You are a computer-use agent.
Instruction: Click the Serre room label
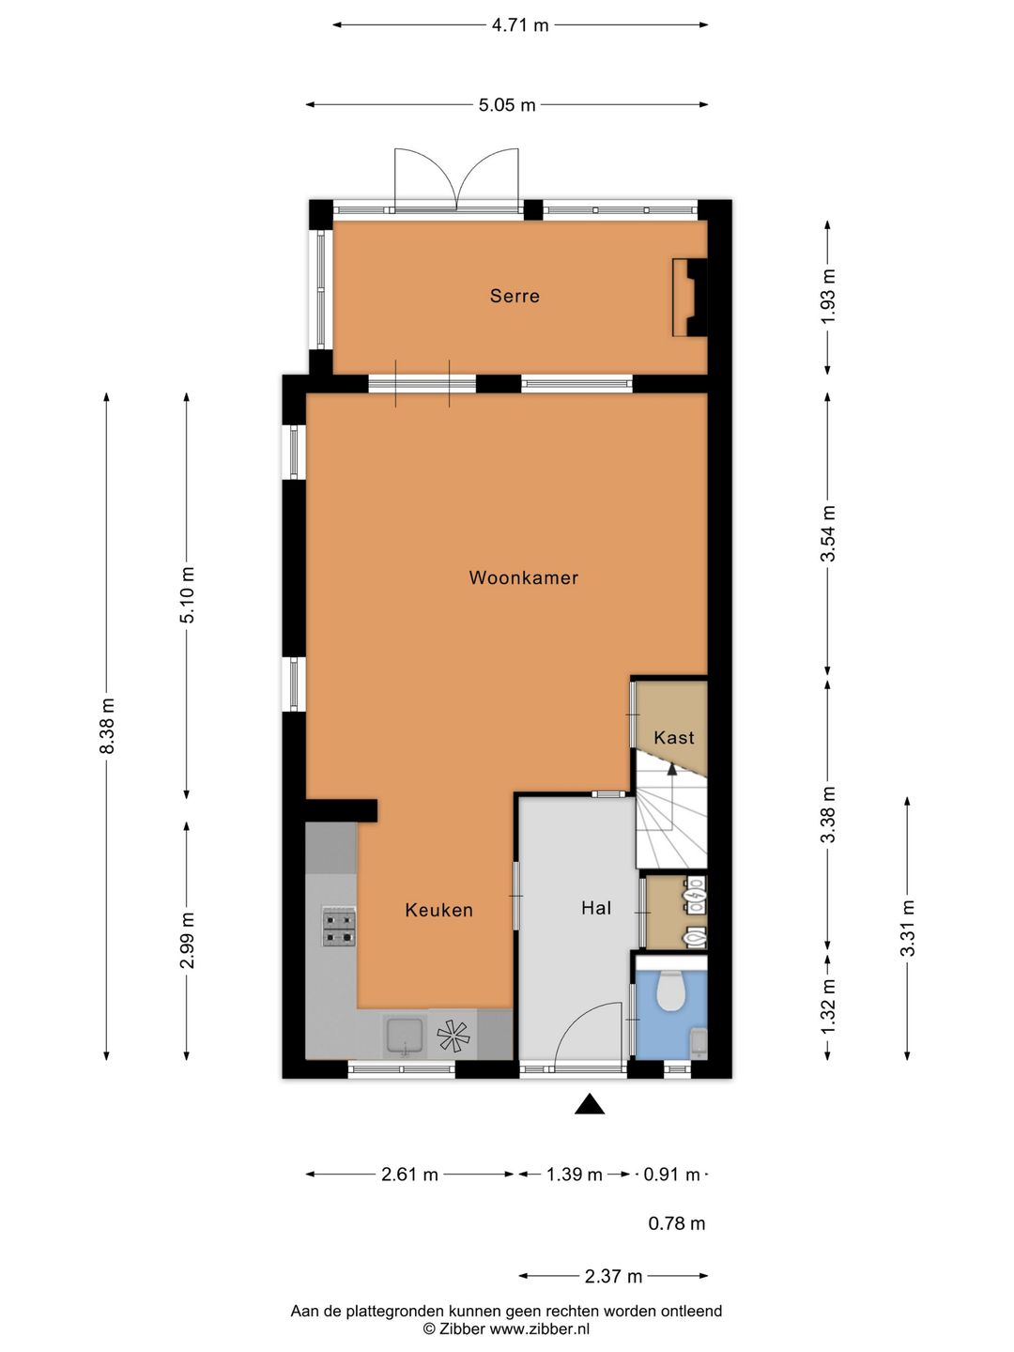515,296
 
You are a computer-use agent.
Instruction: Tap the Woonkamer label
523,577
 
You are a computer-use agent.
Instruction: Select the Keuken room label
439,910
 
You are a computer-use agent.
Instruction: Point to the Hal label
596,908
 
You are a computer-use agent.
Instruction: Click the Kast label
673,737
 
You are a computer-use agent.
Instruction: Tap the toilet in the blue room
670,990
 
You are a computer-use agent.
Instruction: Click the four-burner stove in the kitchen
339,926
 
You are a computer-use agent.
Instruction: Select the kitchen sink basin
405,1036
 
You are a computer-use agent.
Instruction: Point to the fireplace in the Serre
690,298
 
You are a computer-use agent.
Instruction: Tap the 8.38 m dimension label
107,726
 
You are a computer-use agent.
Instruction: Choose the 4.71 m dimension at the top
520,25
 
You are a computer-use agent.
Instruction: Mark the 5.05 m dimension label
507,105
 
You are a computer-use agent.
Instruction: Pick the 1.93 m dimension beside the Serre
829,297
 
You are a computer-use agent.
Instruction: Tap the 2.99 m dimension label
187,941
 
